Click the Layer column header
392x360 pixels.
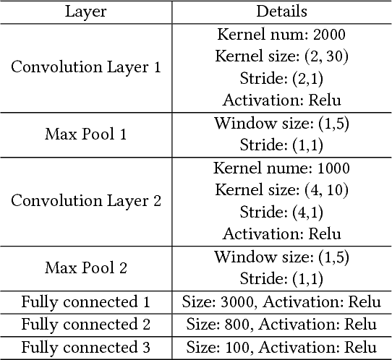tap(87, 12)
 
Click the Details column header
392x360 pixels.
tap(281, 12)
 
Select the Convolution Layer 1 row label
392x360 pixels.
tap(87, 67)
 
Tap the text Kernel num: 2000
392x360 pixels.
tap(281, 34)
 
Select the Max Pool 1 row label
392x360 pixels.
tap(87, 134)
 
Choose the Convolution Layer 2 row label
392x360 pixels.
tap(87, 201)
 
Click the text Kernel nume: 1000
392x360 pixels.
tap(281, 168)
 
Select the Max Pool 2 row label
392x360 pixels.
tap(87, 267)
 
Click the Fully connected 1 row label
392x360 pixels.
tap(87, 301)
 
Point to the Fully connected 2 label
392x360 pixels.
tap(87, 324)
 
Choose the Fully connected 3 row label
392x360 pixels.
tap(87, 347)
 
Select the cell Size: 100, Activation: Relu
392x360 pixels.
tap(281, 347)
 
